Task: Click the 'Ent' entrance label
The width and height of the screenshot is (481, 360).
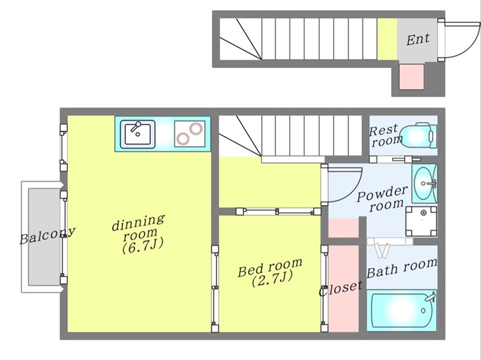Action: click(418, 39)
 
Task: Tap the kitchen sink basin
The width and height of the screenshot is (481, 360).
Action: click(138, 134)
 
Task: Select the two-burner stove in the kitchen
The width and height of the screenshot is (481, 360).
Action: click(190, 133)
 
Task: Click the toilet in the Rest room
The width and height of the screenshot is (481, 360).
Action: click(419, 135)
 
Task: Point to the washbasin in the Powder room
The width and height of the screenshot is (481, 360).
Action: click(424, 183)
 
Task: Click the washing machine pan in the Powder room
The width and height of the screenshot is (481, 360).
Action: click(421, 221)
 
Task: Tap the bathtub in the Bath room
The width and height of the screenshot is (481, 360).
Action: click(402, 310)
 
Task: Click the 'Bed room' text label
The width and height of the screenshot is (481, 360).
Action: click(270, 267)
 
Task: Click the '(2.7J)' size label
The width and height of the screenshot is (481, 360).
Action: click(272, 279)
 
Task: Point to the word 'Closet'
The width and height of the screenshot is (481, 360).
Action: click(340, 288)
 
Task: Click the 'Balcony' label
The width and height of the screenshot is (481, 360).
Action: click(47, 236)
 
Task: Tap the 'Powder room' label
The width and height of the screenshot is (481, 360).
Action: click(383, 199)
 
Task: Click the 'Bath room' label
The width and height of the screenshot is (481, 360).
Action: click(402, 268)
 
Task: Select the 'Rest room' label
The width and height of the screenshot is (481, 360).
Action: click(385, 135)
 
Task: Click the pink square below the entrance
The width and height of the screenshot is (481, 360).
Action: click(412, 77)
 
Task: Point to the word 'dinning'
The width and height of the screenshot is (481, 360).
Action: click(138, 222)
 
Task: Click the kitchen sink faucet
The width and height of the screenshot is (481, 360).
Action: click(136, 126)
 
